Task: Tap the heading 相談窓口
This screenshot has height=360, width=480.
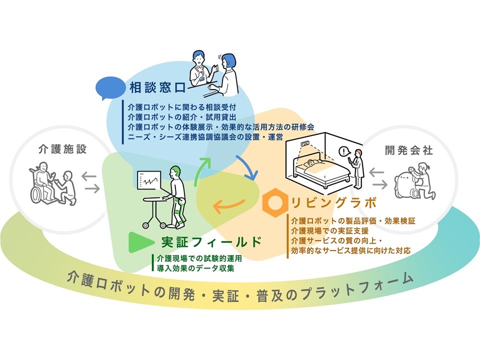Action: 158,88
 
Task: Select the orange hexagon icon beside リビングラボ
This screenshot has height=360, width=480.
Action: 275,202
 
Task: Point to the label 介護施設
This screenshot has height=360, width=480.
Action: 63,149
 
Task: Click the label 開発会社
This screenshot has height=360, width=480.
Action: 409,150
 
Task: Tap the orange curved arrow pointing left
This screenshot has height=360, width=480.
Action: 228,206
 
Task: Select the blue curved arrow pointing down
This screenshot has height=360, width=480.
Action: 247,167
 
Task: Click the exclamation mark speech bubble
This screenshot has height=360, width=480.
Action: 344,152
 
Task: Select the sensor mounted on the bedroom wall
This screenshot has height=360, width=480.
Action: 305,143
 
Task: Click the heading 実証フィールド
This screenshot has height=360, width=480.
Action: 211,242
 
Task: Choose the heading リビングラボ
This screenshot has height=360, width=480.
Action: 333,202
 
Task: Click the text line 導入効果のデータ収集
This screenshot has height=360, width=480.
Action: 195,268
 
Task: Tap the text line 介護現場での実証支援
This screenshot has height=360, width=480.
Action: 330,230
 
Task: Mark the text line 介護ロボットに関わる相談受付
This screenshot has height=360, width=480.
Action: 182,107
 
